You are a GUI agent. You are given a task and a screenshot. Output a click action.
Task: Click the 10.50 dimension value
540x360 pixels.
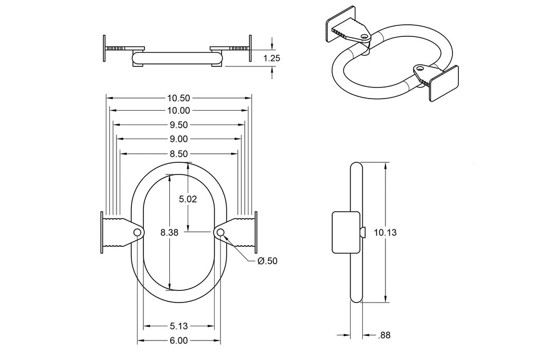pos(178,98)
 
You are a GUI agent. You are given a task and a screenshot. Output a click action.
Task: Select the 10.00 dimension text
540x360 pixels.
pos(178,111)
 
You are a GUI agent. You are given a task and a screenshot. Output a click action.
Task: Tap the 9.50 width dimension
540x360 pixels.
pos(178,125)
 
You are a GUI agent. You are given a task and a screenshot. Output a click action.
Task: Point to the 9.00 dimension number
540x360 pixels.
pos(178,139)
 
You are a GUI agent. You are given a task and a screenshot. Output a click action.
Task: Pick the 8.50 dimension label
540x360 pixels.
pos(178,153)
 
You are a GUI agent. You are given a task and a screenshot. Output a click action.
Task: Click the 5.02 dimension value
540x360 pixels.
pos(188,199)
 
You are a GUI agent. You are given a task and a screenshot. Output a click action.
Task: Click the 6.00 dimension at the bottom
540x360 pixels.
pos(179,340)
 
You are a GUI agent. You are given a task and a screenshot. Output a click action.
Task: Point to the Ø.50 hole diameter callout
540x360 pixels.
pos(267,261)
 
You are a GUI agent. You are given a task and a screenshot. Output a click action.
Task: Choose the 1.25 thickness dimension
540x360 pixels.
pos(272,59)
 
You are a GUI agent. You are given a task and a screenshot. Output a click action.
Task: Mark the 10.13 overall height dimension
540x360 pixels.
pos(384,232)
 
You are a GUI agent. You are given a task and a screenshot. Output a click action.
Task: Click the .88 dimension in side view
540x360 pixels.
pos(384,335)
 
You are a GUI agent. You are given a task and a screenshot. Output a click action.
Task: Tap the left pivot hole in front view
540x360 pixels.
pos(138,232)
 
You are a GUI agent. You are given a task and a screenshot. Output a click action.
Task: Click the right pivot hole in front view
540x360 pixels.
pos(220,232)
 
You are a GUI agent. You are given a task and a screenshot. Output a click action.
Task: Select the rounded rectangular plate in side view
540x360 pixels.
pos(345,232)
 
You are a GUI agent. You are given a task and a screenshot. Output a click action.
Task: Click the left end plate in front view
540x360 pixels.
pos(102,232)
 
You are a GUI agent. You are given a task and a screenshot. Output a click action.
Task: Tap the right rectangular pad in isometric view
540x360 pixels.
pos(443,84)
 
